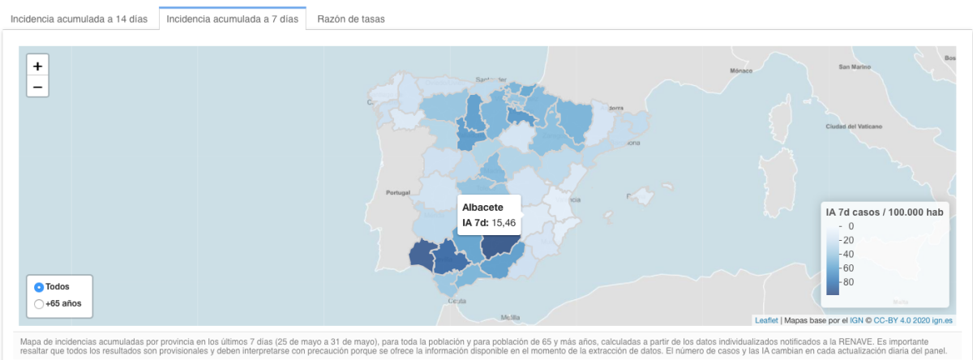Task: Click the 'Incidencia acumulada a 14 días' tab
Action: [x=79, y=19]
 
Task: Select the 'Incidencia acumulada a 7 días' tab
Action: [x=232, y=19]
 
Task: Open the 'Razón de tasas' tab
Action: [x=350, y=19]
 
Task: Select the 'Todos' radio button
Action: [x=39, y=287]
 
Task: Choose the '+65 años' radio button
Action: [x=39, y=304]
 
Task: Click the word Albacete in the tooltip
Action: [x=482, y=208]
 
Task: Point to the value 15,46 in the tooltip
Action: [x=504, y=223]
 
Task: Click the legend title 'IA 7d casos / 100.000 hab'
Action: [x=884, y=212]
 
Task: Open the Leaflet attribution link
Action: [x=767, y=320]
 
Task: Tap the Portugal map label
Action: [x=399, y=192]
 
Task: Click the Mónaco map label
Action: [x=741, y=71]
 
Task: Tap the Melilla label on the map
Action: [x=510, y=317]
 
